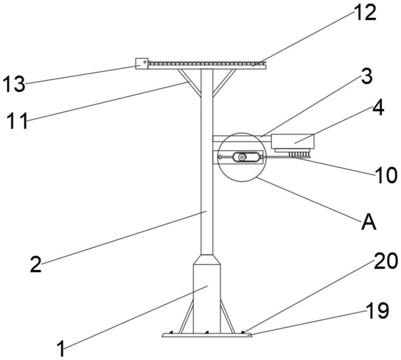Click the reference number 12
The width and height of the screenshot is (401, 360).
coord(365,13)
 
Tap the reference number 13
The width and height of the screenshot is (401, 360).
coord(14,84)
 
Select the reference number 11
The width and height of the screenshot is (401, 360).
coord(17,120)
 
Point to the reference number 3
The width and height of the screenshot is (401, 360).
coord(366,77)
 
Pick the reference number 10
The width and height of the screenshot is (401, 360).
coord(386,175)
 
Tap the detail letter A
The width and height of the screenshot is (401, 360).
coord(369,222)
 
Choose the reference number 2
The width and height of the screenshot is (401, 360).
coord(36,264)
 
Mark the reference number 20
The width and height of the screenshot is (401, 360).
coord(386,261)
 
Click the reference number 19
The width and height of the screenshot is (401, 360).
coord(377,310)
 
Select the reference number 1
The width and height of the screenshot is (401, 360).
coord(61,348)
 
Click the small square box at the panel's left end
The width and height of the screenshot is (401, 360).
coord(142,64)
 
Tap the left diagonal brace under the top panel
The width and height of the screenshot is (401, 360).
coord(189,83)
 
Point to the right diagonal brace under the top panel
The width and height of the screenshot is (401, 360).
coord(224,83)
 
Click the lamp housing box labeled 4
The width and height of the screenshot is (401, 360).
coord(293,141)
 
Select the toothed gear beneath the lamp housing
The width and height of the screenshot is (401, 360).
coord(299,154)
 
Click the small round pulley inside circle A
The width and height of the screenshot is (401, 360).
coord(241,157)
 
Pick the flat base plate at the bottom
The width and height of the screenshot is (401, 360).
coord(207,335)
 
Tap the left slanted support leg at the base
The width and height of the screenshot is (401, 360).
coord(186,316)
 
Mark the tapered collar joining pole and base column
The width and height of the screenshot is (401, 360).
coord(207,259)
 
